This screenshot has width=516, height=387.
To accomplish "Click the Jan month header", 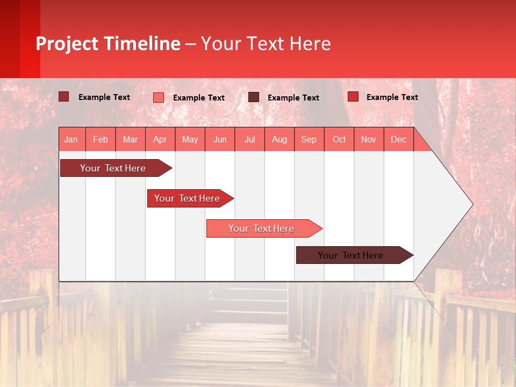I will [x=71, y=139].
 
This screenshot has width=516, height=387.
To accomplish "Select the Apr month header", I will [x=160, y=139].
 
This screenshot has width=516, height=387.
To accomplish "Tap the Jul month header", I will [x=249, y=139].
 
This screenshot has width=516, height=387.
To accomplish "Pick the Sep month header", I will [x=309, y=139].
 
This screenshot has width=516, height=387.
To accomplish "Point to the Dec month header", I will [x=398, y=139].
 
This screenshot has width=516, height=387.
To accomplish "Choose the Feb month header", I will [x=101, y=139].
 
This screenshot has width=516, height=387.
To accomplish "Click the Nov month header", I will [x=369, y=139].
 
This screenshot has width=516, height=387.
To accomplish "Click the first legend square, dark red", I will [x=63, y=97].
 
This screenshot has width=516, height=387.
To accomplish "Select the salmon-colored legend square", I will [x=158, y=97].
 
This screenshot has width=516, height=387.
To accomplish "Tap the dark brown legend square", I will [x=254, y=97].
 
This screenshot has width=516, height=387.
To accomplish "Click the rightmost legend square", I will [x=353, y=97].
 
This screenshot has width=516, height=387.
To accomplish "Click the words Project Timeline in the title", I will [x=108, y=44].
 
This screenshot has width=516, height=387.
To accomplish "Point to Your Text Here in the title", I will [x=266, y=44].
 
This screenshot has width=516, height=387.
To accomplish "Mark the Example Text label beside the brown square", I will [x=293, y=98].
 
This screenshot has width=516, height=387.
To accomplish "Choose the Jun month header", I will [x=220, y=139].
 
